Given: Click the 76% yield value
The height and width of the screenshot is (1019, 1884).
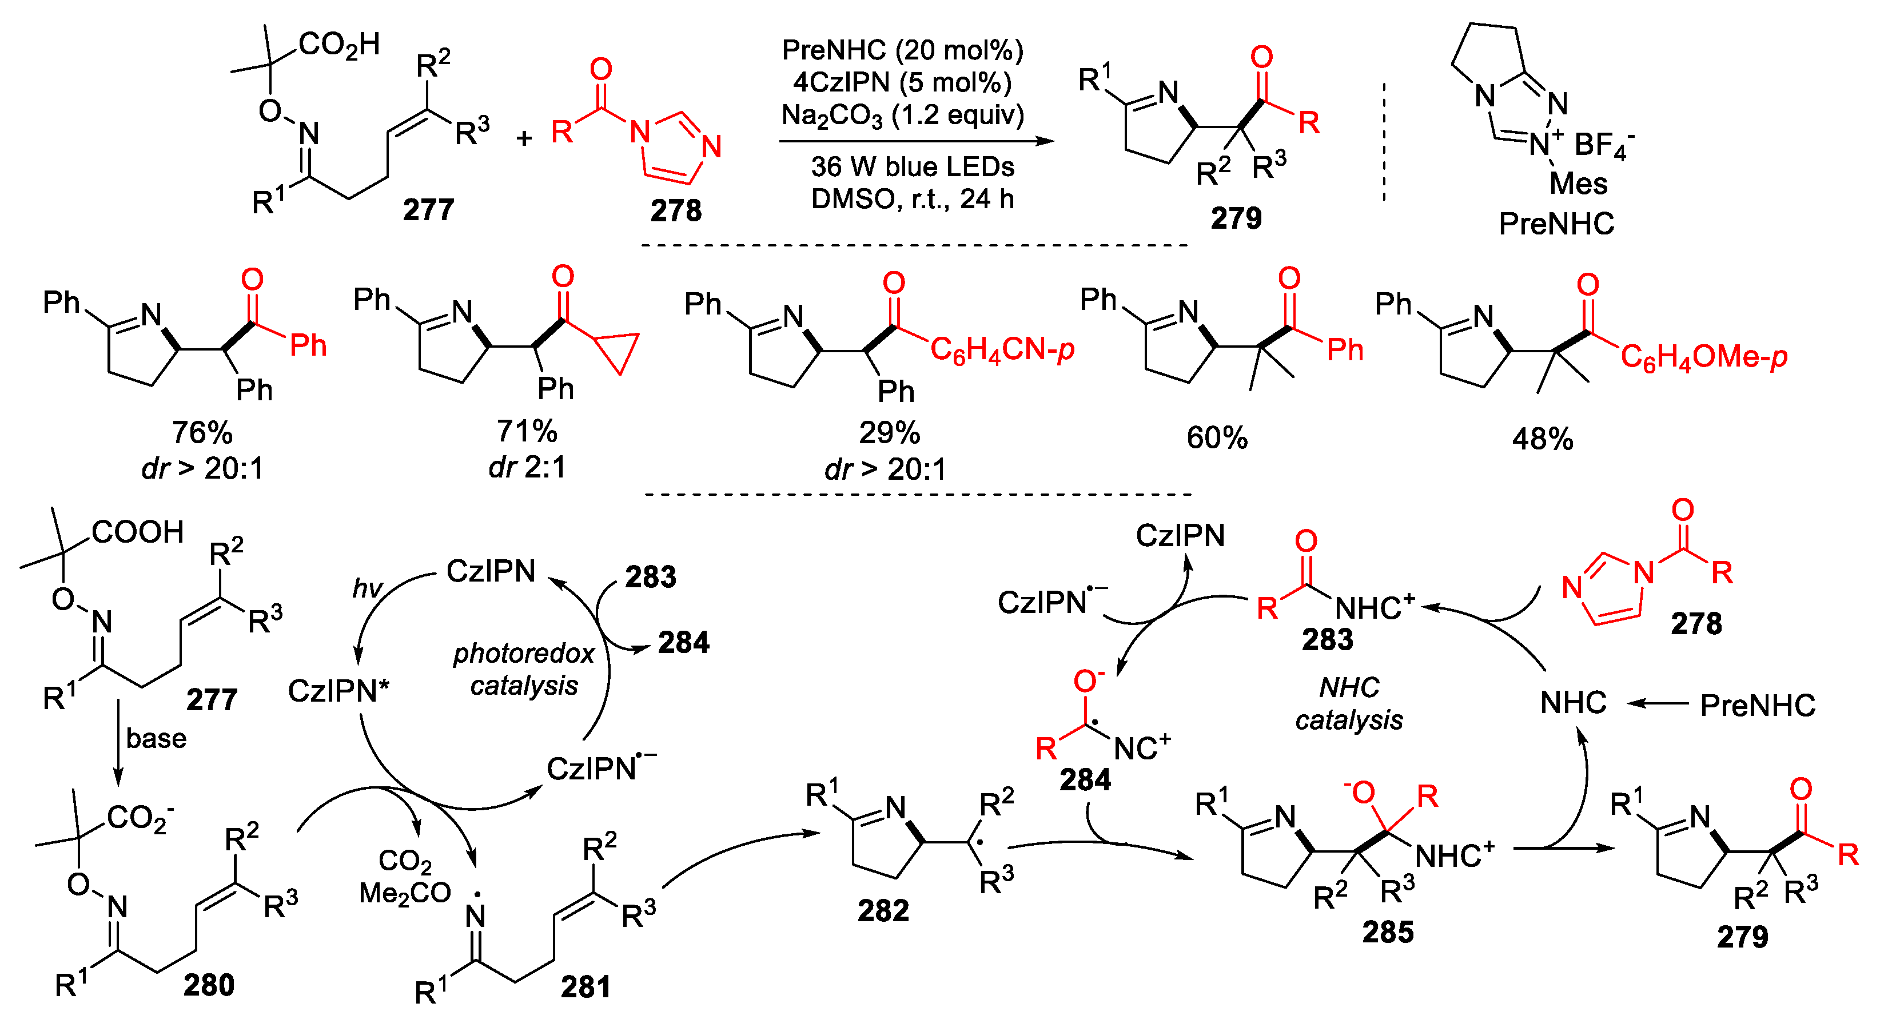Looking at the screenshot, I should tap(202, 433).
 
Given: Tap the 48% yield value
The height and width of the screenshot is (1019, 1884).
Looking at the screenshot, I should tap(1543, 439).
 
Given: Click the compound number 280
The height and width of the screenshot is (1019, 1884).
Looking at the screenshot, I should tap(209, 985).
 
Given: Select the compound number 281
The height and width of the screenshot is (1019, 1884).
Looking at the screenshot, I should tap(585, 987).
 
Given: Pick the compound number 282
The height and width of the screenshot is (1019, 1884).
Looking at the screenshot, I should tap(883, 911).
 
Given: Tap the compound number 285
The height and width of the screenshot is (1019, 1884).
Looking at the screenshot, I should tap(1387, 933).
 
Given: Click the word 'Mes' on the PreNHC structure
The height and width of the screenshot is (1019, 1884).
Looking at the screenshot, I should tap(1578, 183).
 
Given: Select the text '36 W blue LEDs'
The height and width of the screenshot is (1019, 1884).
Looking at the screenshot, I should tap(912, 167).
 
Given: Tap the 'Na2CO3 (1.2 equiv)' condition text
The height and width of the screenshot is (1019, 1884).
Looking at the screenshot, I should tap(902, 116).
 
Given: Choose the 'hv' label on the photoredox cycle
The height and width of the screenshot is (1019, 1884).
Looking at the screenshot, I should tap(367, 587).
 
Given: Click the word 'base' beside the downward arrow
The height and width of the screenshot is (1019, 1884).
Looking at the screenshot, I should tap(156, 738).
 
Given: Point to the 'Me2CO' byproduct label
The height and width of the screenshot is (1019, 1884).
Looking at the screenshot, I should tap(404, 893).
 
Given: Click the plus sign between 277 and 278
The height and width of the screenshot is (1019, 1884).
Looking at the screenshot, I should tap(524, 137).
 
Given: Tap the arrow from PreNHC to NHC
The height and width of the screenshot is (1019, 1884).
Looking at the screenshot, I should tap(1658, 704).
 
